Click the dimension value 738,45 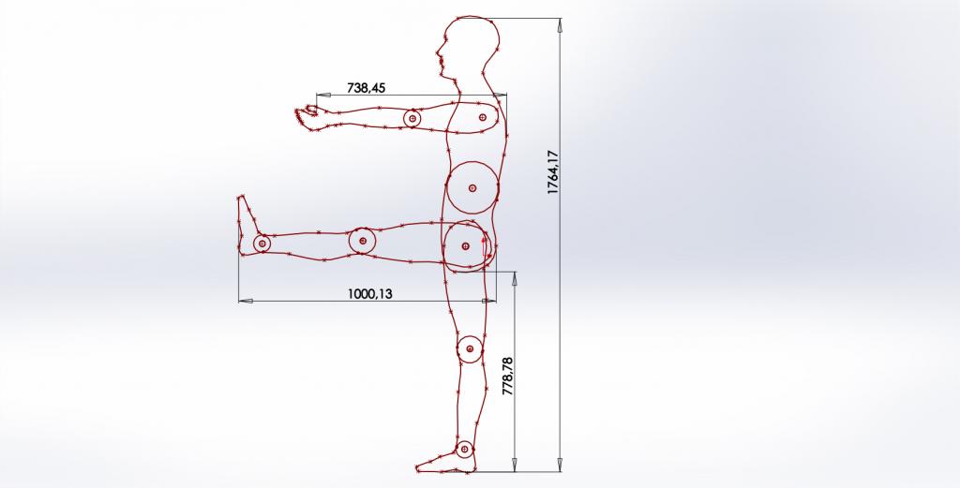[367, 88]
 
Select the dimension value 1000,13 [369, 293]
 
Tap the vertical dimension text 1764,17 [553, 172]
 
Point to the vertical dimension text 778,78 [508, 377]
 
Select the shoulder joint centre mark [483, 117]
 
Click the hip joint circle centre [465, 246]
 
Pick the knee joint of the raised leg [363, 241]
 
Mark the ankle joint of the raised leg [262, 244]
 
